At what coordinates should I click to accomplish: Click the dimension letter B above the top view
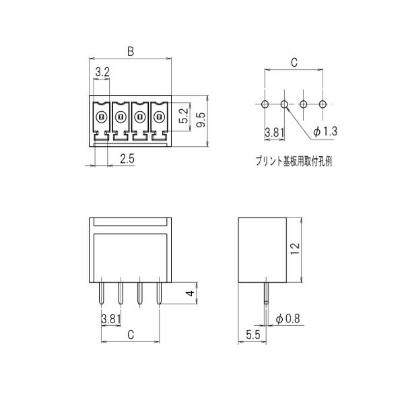131,52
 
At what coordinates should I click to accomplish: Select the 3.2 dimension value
102,72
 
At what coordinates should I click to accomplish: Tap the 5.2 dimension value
184,116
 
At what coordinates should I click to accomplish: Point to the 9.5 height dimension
201,120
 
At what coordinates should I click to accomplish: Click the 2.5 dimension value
127,159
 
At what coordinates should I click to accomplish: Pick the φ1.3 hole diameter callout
325,131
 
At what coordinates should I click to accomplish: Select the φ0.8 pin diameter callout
288,318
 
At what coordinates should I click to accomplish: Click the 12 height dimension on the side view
295,248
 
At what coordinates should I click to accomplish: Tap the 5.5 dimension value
253,335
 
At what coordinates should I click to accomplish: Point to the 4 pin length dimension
190,293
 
